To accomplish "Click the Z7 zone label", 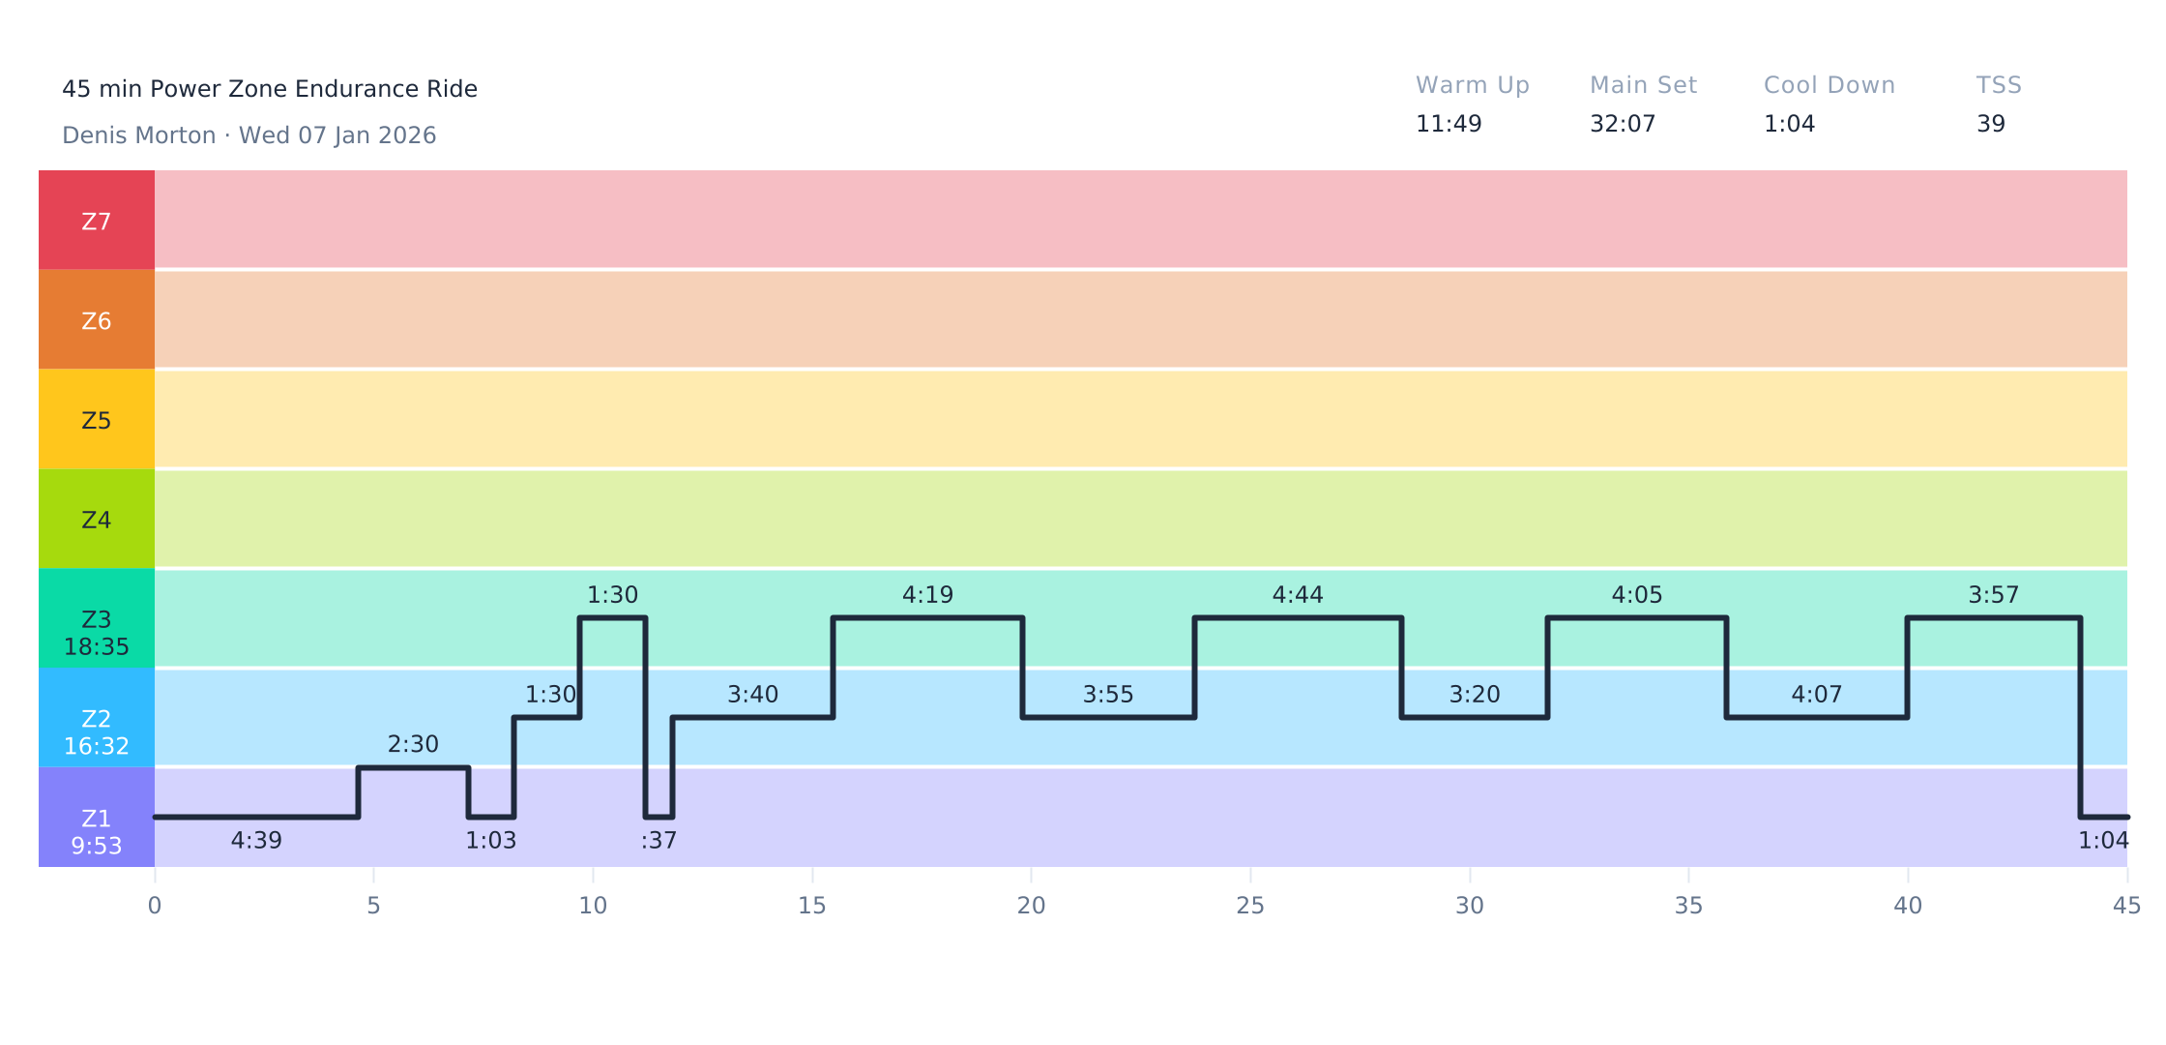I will (x=96, y=223).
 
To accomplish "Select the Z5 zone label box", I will (x=96, y=420).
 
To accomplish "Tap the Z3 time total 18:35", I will (x=96, y=647).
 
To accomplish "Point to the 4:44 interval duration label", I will (x=1297, y=595).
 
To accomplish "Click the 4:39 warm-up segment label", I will (x=256, y=841).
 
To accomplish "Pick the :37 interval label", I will (x=659, y=841).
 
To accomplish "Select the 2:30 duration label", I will (x=413, y=744).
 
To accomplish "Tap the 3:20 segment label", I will (x=1474, y=695).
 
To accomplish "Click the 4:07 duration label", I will (x=1816, y=695).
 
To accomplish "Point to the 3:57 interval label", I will (x=1993, y=595).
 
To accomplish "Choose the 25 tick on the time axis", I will (x=1249, y=906).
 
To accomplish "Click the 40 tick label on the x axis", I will (x=1907, y=906).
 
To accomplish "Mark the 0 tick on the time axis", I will (x=155, y=906).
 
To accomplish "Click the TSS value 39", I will (x=1990, y=124).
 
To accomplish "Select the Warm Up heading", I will (x=1472, y=85).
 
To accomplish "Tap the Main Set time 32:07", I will (x=1622, y=124).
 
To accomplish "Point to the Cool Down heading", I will (x=1829, y=85).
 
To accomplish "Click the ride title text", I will (x=269, y=89).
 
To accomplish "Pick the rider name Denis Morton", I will (x=138, y=135).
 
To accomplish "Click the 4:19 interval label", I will (x=927, y=595).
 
